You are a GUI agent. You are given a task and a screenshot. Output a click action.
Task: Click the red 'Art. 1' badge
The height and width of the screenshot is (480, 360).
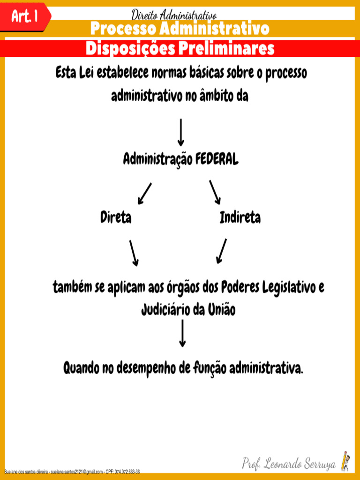(x=24, y=17)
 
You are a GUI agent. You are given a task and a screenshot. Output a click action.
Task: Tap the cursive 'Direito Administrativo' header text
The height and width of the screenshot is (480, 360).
(x=174, y=15)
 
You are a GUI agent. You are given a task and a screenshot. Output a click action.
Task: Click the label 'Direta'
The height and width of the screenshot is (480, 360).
(x=116, y=218)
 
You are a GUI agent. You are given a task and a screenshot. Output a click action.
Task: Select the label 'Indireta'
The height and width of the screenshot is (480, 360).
(x=240, y=218)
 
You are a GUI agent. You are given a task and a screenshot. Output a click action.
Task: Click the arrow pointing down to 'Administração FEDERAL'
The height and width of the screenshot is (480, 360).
(x=181, y=132)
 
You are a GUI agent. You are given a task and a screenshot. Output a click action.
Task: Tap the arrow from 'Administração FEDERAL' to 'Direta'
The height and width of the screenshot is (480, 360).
(x=144, y=193)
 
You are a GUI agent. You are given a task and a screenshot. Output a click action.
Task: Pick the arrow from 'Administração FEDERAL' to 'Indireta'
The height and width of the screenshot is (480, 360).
(x=215, y=192)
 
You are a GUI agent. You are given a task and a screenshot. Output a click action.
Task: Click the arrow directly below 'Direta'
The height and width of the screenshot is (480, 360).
(x=134, y=253)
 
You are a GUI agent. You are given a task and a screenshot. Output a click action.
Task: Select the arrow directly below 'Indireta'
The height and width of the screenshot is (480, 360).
(x=222, y=251)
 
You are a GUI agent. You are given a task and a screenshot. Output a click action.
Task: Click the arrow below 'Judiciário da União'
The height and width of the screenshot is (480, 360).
(x=182, y=334)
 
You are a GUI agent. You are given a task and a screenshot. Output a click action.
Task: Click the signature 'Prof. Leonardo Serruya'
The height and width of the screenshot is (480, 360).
(x=289, y=465)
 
